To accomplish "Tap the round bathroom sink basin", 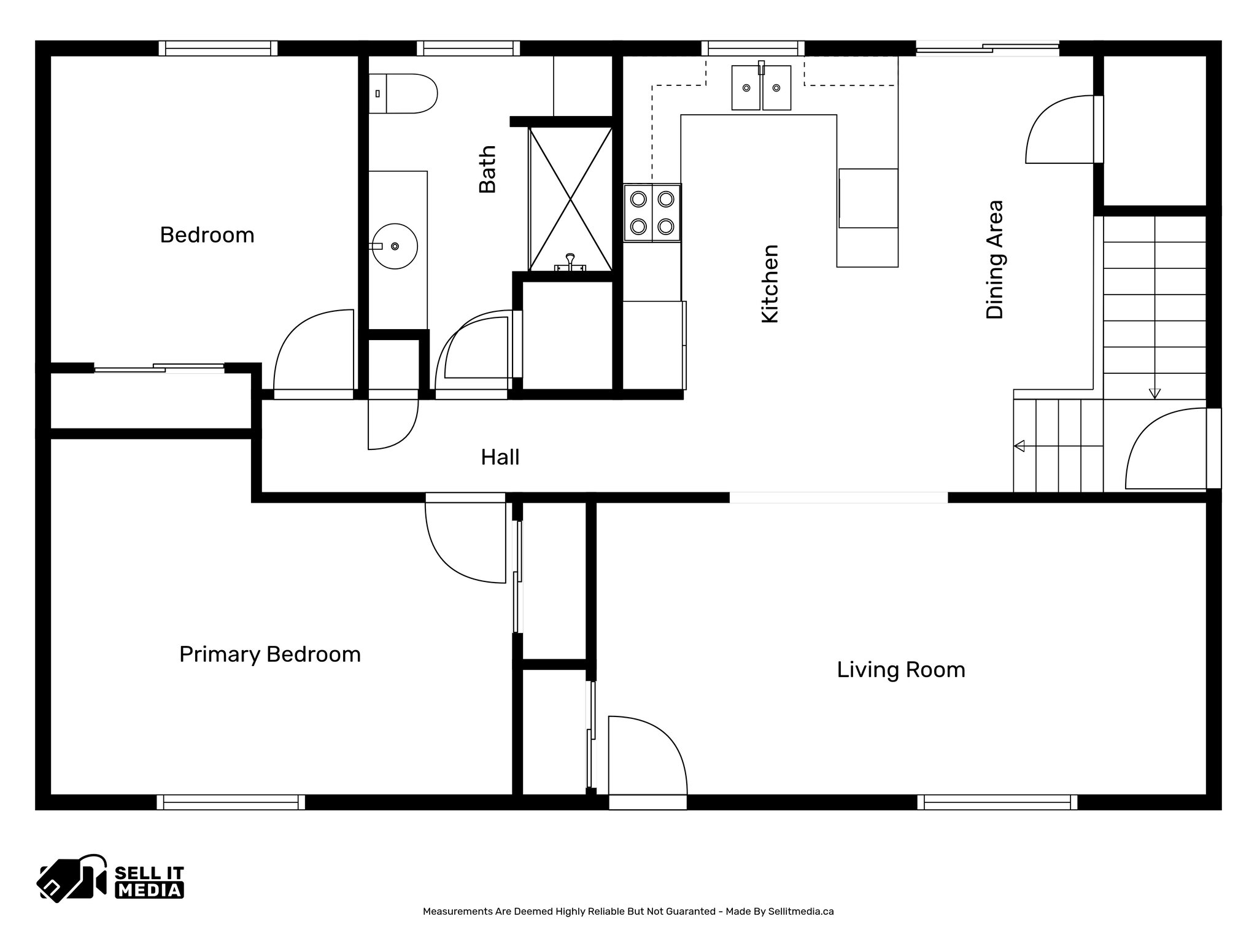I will tap(395, 246).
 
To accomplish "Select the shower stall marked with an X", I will tap(571, 199).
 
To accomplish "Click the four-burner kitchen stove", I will tap(652, 212).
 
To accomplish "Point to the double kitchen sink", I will tap(761, 87).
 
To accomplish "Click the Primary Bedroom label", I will tap(269, 654).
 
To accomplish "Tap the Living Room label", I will tap(900, 670).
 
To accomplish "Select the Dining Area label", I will tap(994, 259).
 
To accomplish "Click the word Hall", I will tap(500, 457).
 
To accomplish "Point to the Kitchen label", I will tap(770, 284).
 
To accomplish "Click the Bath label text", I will tap(487, 169).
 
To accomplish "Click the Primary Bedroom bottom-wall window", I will tap(231, 802).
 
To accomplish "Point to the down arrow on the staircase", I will tap(1155, 393).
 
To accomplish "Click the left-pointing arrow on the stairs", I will tap(1020, 446).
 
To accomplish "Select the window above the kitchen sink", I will tap(752, 48).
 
